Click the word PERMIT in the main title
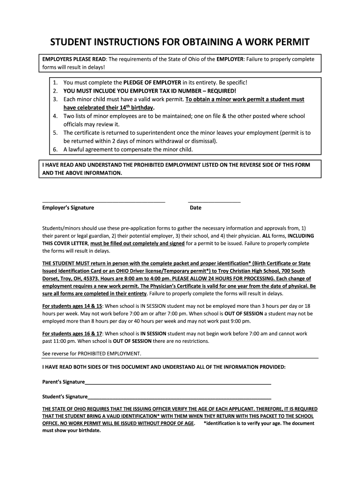pyautogui.click(x=287, y=43)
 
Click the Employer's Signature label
pyautogui.click(x=68, y=208)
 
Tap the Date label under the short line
pyautogui.click(x=195, y=208)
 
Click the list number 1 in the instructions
pyautogui.click(x=55, y=82)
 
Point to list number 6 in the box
pyautogui.click(x=55, y=150)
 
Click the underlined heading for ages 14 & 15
pyautogui.click(x=72, y=306)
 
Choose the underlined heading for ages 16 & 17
pyautogui.click(x=72, y=334)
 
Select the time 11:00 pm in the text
pyautogui.click(x=63, y=341)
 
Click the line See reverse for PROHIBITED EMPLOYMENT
pyautogui.click(x=92, y=353)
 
